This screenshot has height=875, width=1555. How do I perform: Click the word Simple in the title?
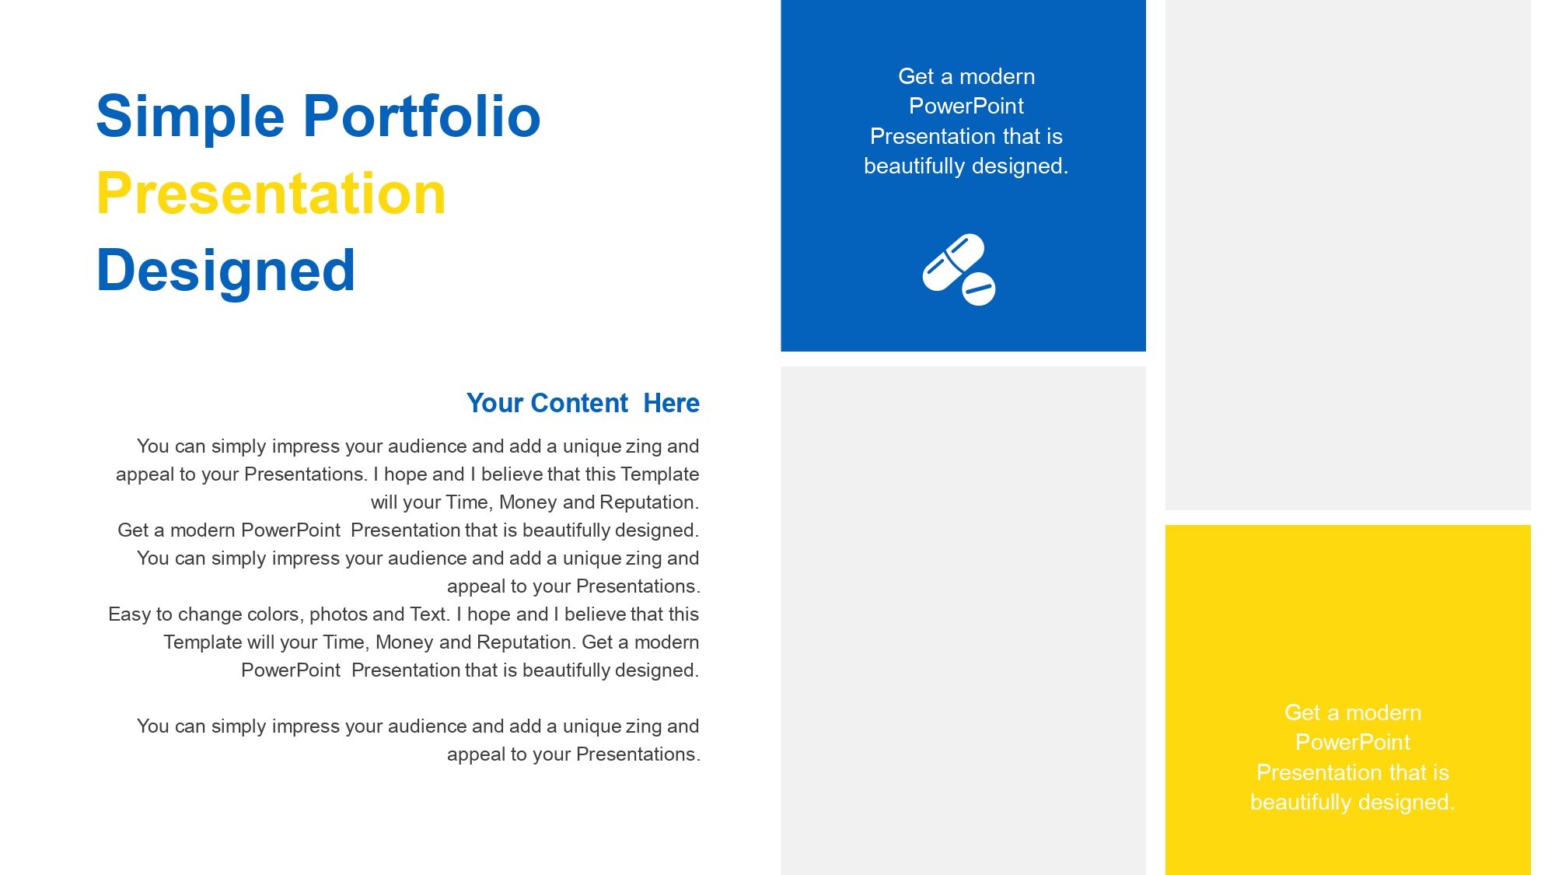pyautogui.click(x=190, y=117)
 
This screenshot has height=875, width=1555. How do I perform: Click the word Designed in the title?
pyautogui.click(x=225, y=271)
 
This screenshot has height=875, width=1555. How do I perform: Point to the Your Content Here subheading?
pyautogui.click(x=583, y=403)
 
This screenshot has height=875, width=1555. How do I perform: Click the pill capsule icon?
pyautogui.click(x=953, y=262)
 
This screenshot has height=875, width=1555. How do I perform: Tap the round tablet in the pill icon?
pyautogui.click(x=979, y=289)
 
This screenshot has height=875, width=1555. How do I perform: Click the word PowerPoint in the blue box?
pyautogui.click(x=966, y=106)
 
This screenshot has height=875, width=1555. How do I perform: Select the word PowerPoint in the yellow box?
pyautogui.click(x=1352, y=742)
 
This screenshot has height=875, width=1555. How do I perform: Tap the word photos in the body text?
pyautogui.click(x=338, y=614)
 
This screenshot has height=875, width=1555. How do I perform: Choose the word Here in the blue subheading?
pyautogui.click(x=672, y=403)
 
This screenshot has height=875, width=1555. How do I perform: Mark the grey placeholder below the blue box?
pyautogui.click(x=963, y=621)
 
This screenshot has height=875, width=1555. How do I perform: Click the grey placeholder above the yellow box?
pyautogui.click(x=1348, y=255)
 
